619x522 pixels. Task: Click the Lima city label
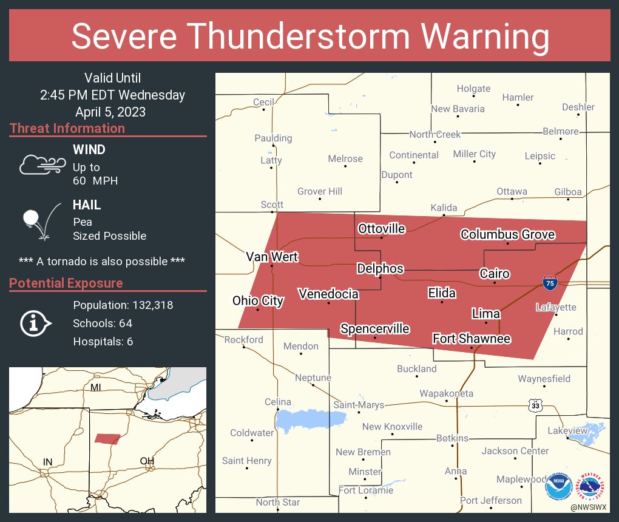click(486, 313)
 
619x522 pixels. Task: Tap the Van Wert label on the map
click(272, 257)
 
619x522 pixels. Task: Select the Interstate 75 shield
click(547, 281)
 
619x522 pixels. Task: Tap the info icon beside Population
click(36, 323)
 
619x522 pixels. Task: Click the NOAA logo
click(558, 486)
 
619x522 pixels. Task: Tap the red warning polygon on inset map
click(107, 439)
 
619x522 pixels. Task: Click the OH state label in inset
click(147, 461)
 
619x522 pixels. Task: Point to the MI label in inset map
click(96, 387)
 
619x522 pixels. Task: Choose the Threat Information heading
click(67, 129)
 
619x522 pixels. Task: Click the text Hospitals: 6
click(103, 342)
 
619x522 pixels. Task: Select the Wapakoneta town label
click(446, 394)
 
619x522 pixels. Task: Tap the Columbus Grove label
click(507, 234)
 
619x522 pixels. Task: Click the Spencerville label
click(374, 329)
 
